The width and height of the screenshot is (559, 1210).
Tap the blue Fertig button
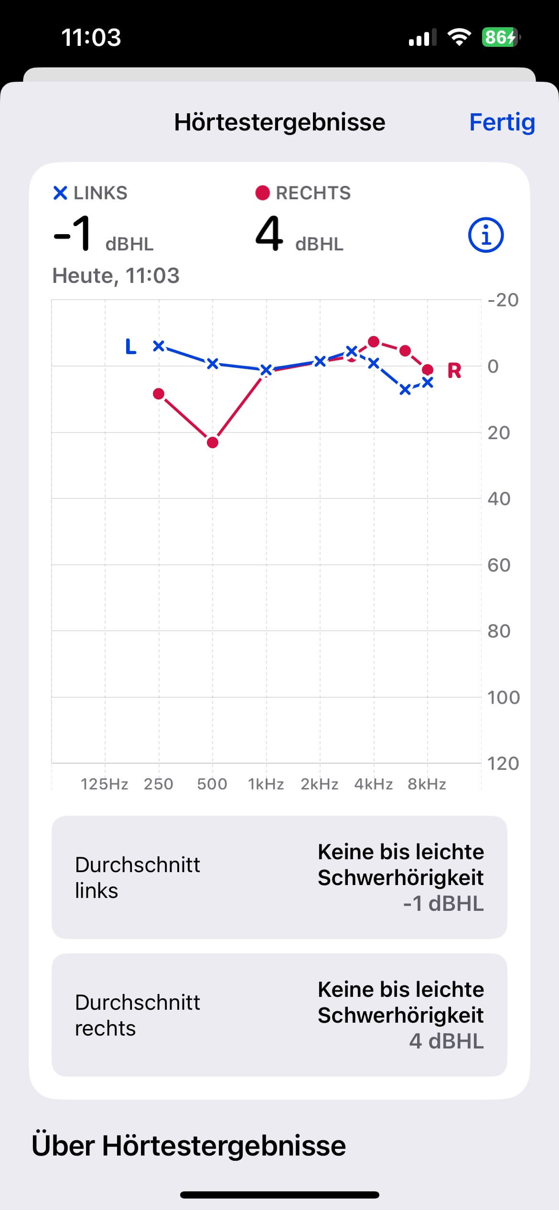coord(502,122)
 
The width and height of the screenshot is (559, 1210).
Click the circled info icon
coord(485,235)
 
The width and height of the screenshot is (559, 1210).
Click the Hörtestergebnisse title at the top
coord(279,122)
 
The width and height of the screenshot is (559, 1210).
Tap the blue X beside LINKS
coord(60,193)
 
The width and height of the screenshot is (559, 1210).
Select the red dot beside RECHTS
coord(262,193)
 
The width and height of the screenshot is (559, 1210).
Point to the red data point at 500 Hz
coord(213,443)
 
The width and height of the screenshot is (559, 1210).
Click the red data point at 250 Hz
coord(159,394)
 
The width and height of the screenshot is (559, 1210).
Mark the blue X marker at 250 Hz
coord(159,346)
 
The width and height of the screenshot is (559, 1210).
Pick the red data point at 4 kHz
coord(374,342)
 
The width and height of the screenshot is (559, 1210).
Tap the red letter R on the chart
coord(454,371)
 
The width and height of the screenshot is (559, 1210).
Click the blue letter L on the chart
coord(130,346)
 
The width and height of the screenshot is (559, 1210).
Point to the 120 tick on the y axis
coord(503,764)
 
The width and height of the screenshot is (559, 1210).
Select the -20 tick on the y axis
coord(503,300)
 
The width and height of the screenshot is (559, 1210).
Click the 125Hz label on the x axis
coord(104,784)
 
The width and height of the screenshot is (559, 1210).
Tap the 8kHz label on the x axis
coord(427,784)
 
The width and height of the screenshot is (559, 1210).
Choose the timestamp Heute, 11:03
coord(116,276)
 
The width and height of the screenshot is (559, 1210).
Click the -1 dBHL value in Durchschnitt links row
coord(443,904)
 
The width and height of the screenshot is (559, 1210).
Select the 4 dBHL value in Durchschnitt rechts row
coord(446,1041)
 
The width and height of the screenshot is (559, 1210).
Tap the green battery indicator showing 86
coord(500,37)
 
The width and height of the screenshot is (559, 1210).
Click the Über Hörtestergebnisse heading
coord(189,1146)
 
